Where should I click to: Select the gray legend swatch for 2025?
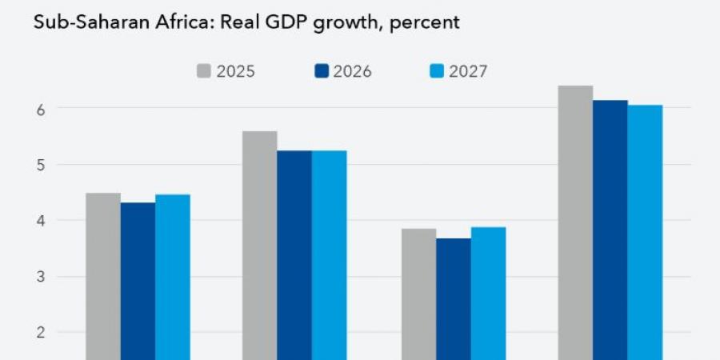(205, 71)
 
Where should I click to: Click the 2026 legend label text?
(353, 71)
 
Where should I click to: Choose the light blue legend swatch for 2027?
(436, 71)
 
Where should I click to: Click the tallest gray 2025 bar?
(575, 224)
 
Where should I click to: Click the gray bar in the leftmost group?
(103, 276)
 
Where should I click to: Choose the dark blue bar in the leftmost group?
(138, 280)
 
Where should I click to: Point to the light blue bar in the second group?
(329, 256)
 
